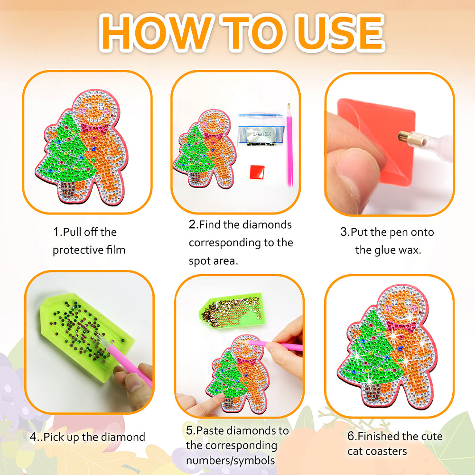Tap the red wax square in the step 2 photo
click(257, 172)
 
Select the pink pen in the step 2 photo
click(289, 145)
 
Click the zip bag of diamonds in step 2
click(261, 130)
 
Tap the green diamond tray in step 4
click(87, 336)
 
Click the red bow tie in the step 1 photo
click(94, 128)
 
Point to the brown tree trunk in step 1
click(69, 190)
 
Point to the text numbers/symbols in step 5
click(230, 460)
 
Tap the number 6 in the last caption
click(351, 436)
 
